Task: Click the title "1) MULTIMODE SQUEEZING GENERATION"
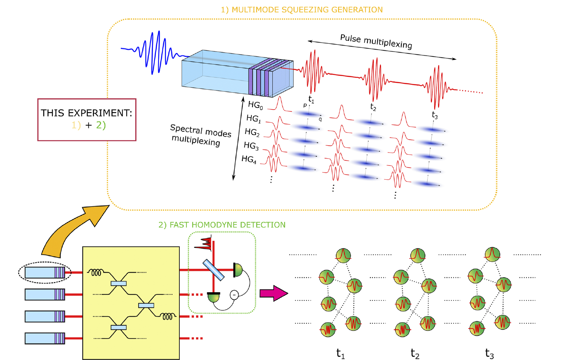click(x=301, y=10)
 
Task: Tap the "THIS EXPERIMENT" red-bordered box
click(x=87, y=120)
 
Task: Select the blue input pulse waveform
click(x=153, y=53)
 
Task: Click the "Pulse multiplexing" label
click(x=376, y=41)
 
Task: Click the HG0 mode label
click(x=255, y=105)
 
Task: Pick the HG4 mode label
click(x=249, y=159)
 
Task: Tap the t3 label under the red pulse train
click(x=435, y=115)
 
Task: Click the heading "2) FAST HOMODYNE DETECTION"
click(x=222, y=225)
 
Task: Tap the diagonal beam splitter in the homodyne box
click(x=214, y=270)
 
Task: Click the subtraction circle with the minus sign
click(x=234, y=294)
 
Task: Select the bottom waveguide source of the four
click(x=45, y=338)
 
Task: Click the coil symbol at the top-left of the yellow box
click(x=96, y=272)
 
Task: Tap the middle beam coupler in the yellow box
click(x=146, y=305)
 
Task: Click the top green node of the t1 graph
click(x=343, y=255)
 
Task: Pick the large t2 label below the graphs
click(x=415, y=354)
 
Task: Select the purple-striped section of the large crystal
click(x=260, y=77)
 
